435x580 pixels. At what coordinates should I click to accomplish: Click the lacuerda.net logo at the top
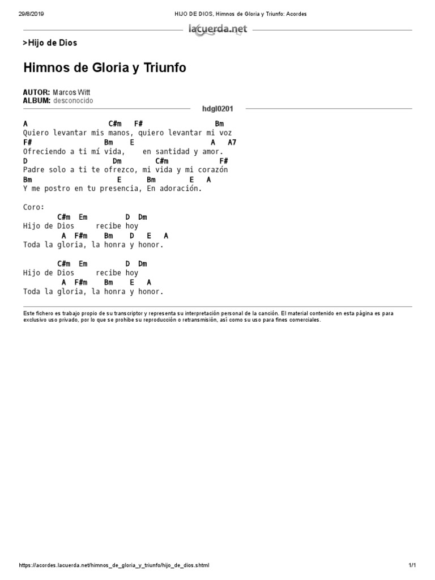coord(217,30)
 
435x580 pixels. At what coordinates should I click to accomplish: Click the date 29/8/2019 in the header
coord(31,14)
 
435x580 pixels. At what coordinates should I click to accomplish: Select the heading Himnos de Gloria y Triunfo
coord(105,69)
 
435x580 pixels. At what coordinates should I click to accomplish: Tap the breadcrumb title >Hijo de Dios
coord(50,43)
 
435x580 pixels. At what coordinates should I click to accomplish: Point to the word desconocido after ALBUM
coord(73,101)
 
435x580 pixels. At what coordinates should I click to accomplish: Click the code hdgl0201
coord(217,108)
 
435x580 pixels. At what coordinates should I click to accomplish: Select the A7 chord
coord(232,142)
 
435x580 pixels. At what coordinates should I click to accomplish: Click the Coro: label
coord(34,207)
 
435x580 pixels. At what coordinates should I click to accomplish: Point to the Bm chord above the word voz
coord(219,123)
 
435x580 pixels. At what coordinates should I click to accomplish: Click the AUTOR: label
coord(36,92)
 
